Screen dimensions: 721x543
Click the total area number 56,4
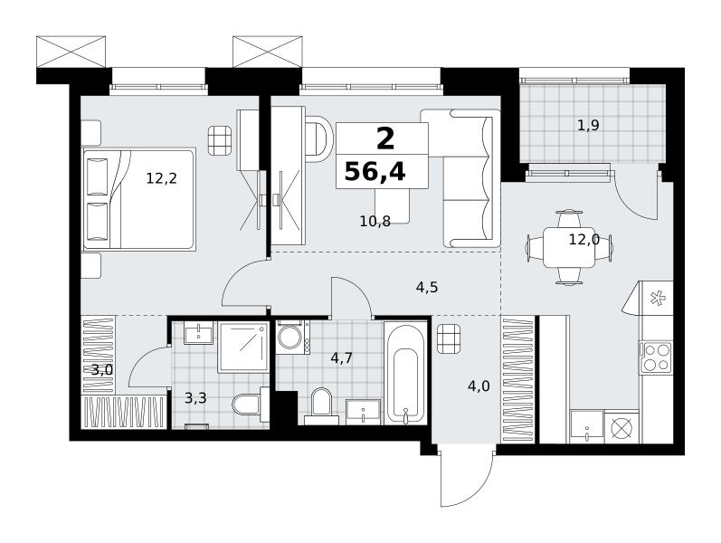click(375, 173)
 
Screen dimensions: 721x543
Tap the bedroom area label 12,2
click(161, 178)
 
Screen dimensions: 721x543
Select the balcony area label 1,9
click(588, 125)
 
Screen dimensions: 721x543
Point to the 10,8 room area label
click(375, 222)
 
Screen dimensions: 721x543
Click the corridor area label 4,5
click(427, 288)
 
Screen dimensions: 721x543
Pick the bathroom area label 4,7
click(342, 357)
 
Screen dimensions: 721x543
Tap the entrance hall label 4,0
click(479, 386)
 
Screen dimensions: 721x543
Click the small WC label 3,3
click(195, 398)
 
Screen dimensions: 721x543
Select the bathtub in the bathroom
click(405, 373)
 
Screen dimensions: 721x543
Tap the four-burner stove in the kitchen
click(656, 357)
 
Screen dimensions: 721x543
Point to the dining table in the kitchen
click(569, 248)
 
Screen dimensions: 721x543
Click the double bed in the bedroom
click(139, 199)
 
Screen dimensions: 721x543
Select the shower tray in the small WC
click(243, 347)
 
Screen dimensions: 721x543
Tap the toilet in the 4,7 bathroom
click(321, 405)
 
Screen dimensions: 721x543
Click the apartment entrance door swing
click(467, 475)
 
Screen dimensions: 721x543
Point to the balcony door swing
click(637, 195)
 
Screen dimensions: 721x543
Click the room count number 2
click(385, 138)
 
